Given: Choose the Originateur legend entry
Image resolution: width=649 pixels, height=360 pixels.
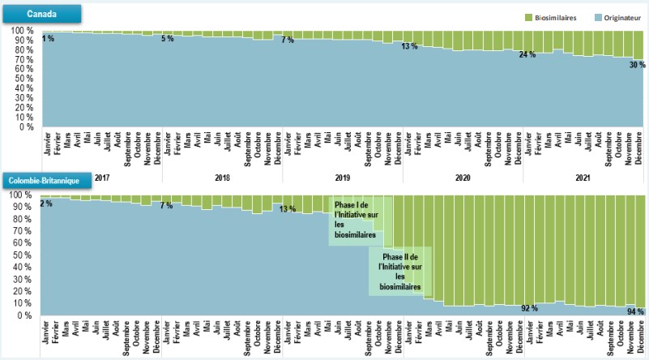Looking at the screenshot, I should (613, 16).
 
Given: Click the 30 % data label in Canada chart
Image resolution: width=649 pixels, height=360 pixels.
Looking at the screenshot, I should (637, 65).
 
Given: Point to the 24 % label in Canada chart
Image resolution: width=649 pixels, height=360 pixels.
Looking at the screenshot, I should (527, 54).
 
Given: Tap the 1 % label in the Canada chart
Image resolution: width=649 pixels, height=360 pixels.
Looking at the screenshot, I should (49, 38).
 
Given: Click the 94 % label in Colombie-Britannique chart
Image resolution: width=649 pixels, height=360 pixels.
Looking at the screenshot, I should (635, 311).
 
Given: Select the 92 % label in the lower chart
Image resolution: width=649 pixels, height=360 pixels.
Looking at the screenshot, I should (529, 309).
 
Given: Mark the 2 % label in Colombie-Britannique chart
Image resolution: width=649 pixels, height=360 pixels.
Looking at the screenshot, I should (46, 204).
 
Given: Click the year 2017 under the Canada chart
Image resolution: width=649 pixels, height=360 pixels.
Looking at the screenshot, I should (102, 178).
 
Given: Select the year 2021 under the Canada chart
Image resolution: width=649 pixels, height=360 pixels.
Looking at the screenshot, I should (583, 178).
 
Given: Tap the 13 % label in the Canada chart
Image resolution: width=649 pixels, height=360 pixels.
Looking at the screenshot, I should (409, 46).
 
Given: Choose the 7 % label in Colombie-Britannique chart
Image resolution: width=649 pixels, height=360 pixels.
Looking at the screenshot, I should (166, 206).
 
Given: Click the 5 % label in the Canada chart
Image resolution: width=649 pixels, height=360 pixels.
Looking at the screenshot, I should (168, 38).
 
